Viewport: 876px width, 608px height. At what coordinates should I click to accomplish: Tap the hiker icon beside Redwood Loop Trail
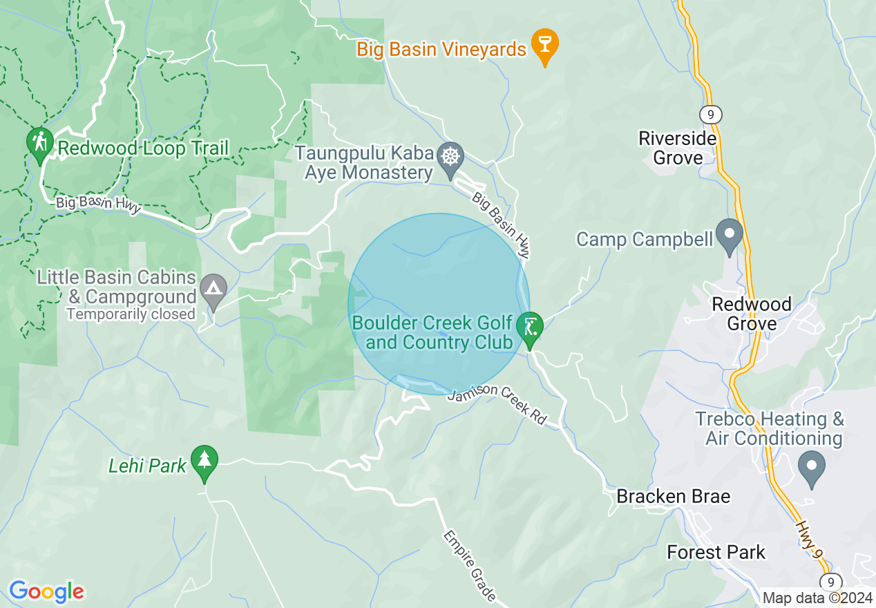pos(40,143)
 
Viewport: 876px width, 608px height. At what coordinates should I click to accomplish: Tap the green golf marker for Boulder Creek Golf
pos(530,327)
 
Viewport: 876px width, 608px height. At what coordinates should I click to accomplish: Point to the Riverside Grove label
pos(677,148)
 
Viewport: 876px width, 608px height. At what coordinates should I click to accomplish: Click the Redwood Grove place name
pos(752,314)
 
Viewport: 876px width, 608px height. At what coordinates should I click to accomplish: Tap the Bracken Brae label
pos(673,496)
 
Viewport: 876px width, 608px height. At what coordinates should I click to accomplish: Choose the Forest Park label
pos(716,552)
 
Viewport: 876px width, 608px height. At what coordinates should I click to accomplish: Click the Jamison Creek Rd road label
pos(497,404)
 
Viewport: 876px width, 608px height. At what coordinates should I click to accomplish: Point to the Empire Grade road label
pos(470,565)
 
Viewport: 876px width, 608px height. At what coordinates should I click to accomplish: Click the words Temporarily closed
pos(131,314)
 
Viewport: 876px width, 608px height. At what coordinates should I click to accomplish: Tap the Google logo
pos(46,591)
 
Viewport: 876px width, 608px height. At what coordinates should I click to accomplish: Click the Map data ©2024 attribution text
pos(817,598)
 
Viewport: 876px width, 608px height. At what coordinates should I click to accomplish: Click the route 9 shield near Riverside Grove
pos(710,113)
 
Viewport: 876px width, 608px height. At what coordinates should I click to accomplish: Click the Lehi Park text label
pos(147,466)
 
